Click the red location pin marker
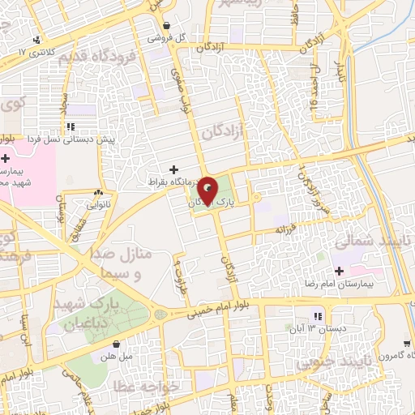(208, 191)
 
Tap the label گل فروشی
(166, 37)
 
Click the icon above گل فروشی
(166, 25)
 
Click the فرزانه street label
(288, 230)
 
